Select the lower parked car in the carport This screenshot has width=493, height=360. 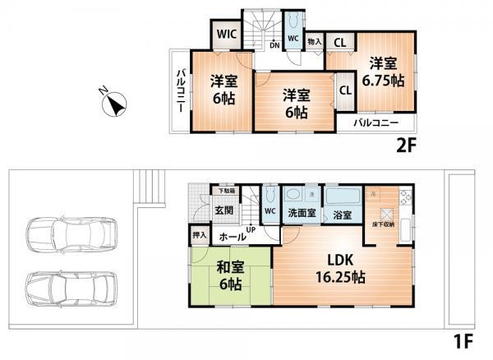click(x=70, y=288)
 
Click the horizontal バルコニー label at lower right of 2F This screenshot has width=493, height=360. click(x=376, y=123)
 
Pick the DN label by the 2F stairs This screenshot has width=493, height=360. click(x=274, y=45)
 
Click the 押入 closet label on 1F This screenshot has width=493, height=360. click(x=200, y=235)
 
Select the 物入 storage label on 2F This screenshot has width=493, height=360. click(x=315, y=40)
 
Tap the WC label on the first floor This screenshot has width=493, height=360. click(x=270, y=210)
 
